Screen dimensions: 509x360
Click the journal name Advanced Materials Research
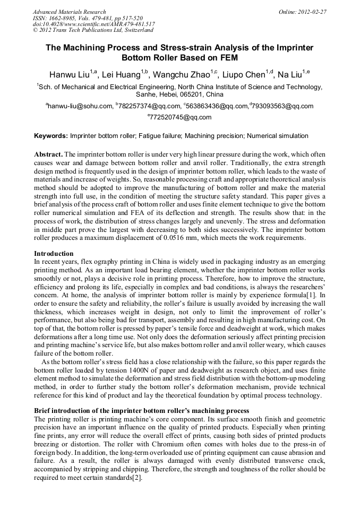coord(69,12)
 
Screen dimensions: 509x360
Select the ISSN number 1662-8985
coord(64,18)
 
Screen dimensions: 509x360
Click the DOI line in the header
coord(93,24)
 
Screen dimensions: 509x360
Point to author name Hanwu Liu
coord(70,75)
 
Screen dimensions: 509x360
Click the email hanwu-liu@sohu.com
coord(80,106)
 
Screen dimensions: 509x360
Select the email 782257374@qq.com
coord(143,106)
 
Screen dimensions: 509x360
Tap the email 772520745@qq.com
coord(181,117)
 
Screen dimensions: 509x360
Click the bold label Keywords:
coord(50,136)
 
